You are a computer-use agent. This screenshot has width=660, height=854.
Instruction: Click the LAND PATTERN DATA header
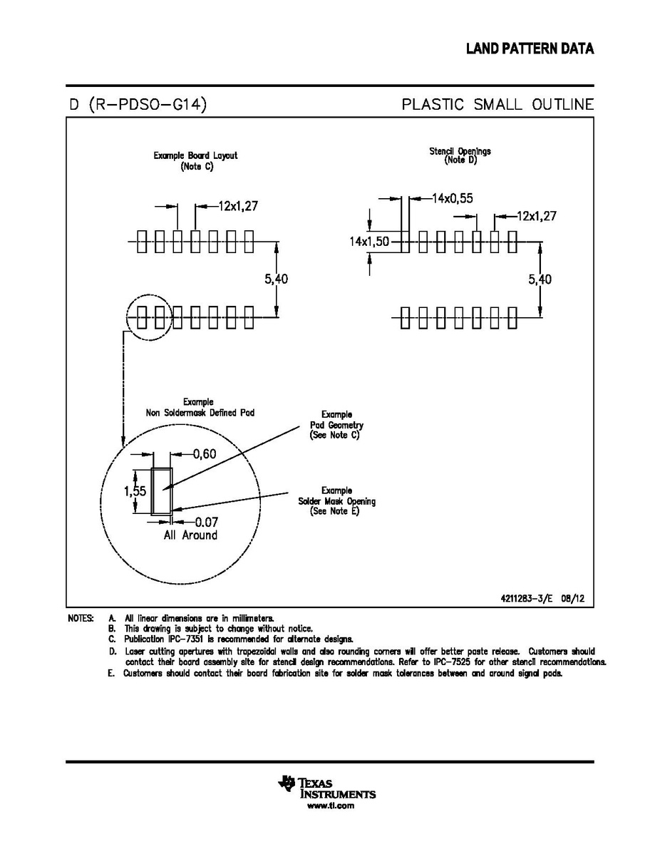[x=530, y=49]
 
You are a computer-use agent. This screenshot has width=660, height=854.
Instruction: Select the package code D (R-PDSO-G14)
[x=138, y=105]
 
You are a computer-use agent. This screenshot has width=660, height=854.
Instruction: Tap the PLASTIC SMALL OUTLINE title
[x=497, y=105]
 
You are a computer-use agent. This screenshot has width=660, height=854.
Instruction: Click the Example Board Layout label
[x=195, y=155]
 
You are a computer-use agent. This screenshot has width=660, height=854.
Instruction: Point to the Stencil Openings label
[x=460, y=151]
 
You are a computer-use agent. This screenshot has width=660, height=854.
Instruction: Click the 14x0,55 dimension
[x=452, y=198]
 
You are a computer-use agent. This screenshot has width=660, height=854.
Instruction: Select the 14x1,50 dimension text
[x=369, y=242]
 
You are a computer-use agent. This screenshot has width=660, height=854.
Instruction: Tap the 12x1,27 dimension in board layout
[x=237, y=206]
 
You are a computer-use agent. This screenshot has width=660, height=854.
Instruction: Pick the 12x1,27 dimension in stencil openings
[x=536, y=215]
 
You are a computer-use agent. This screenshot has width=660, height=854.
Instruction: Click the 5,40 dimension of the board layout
[x=277, y=279]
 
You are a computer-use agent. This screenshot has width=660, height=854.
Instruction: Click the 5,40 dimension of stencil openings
[x=540, y=279]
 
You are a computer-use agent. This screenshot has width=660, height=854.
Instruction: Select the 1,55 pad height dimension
[x=135, y=490]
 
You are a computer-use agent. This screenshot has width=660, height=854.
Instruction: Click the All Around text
[x=190, y=535]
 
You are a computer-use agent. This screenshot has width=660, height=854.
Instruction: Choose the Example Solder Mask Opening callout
[x=336, y=501]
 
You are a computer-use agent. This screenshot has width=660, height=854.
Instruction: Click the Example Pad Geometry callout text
[x=335, y=424]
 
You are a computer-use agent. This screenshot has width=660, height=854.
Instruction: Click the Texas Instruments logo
[x=327, y=786]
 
